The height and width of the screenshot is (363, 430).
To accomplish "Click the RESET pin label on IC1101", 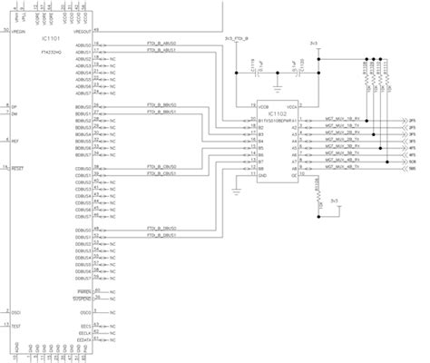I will point(17,167).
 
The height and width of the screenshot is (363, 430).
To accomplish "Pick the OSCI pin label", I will point(16,311).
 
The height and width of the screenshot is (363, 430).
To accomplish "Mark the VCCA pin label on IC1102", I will point(293,105).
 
